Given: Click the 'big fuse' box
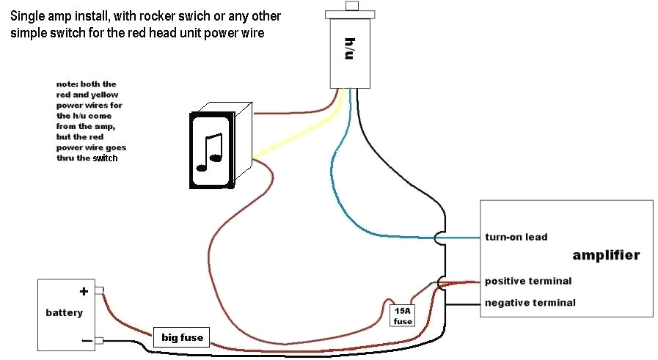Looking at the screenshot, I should (x=181, y=338).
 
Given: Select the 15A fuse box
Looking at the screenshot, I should (x=402, y=315).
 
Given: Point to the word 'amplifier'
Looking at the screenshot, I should (x=606, y=255).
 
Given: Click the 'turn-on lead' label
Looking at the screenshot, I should (x=516, y=237).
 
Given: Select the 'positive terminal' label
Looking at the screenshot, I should (x=527, y=281).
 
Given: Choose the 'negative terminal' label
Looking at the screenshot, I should (x=530, y=302).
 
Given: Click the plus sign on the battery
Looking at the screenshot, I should (x=84, y=291).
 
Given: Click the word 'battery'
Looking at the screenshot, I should (x=64, y=313).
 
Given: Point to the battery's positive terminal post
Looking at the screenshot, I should (x=100, y=290).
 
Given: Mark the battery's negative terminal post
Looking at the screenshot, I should (x=100, y=339).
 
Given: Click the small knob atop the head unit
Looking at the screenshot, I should (x=351, y=7).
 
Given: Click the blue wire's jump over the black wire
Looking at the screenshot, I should (x=438, y=238).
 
